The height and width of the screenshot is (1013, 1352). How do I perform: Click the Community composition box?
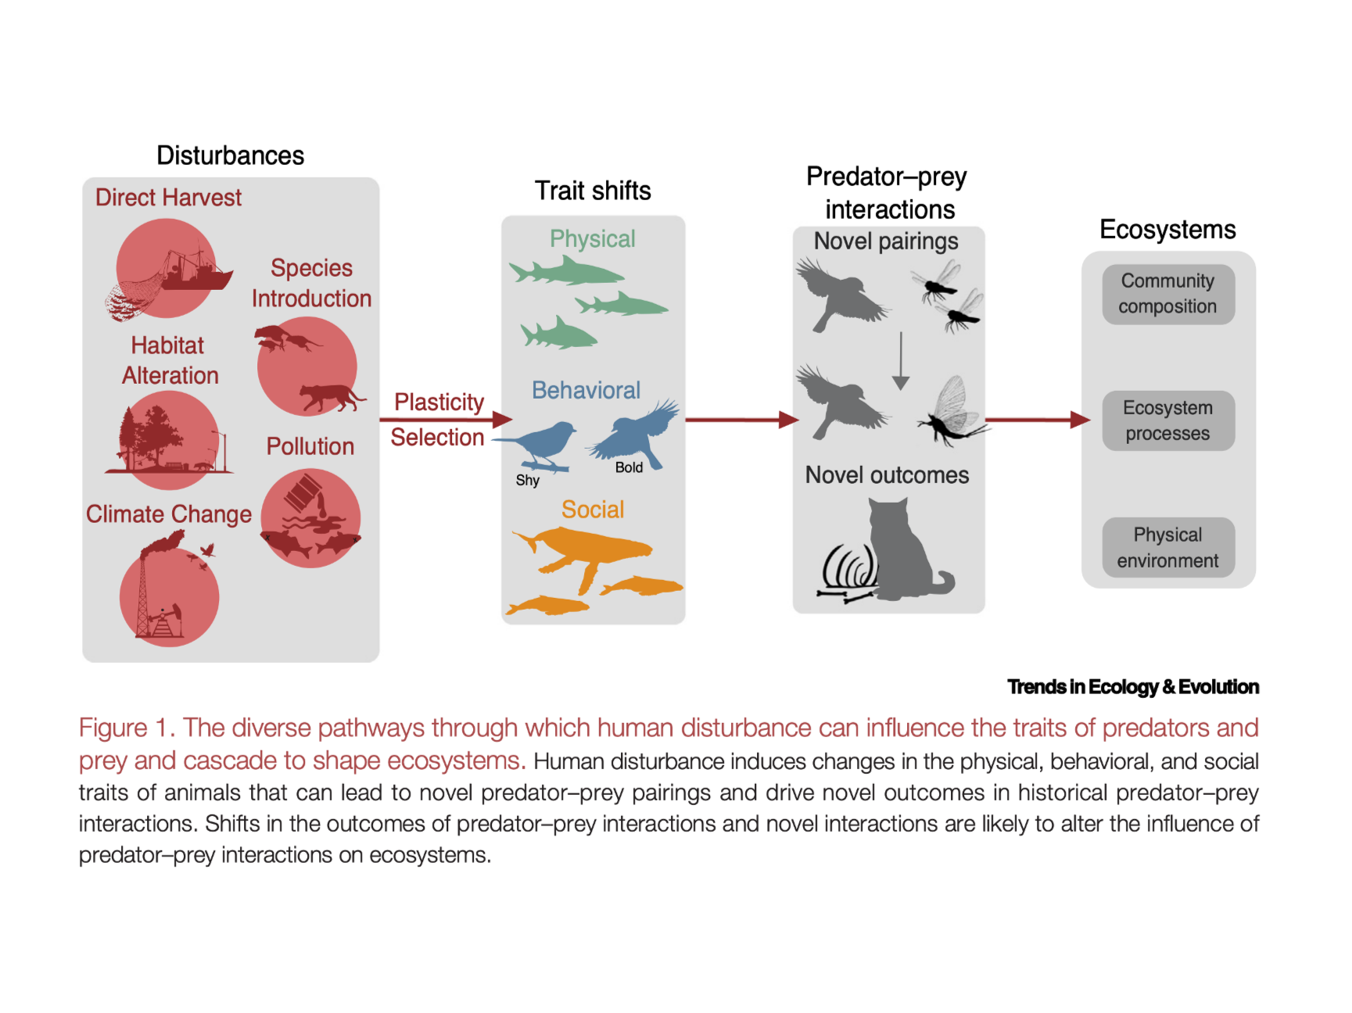click(1167, 294)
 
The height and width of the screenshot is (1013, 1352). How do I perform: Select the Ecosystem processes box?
click(1167, 421)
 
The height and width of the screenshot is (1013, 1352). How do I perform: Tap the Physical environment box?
click(1167, 547)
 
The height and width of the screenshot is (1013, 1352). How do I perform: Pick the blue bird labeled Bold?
click(637, 434)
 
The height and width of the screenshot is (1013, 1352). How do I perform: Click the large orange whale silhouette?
click(583, 552)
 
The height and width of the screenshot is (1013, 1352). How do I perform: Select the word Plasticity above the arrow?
click(439, 402)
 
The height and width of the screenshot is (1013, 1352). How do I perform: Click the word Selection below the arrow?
click(437, 437)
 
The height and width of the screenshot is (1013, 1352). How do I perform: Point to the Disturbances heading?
click(230, 156)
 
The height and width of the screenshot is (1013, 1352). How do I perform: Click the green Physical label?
click(592, 238)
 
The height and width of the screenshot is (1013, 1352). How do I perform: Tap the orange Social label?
click(592, 510)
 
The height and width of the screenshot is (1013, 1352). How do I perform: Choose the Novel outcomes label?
click(887, 475)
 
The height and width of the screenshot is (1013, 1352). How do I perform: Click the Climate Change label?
click(168, 514)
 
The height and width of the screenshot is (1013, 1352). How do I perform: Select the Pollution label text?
click(310, 446)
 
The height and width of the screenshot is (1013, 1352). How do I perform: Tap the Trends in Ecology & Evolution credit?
click(1132, 687)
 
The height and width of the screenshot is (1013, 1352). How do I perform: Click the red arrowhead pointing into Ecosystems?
click(1080, 420)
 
